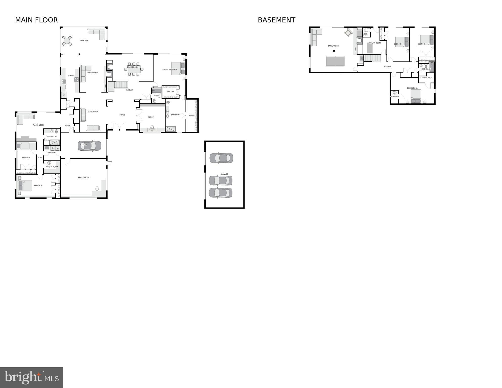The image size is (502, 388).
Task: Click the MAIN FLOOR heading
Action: pyautogui.click(x=36, y=20)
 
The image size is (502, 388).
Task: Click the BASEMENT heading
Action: pyautogui.click(x=276, y=20)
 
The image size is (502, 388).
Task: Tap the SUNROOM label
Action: pyautogui.click(x=84, y=40)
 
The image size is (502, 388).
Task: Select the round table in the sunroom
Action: pyautogui.click(x=67, y=41)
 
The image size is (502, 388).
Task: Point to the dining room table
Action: pyautogui.click(x=133, y=69)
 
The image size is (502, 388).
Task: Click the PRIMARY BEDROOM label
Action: pyautogui.click(x=169, y=70)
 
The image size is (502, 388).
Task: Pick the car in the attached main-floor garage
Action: pyautogui.click(x=89, y=146)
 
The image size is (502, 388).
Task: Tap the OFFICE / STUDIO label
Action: pyautogui.click(x=83, y=178)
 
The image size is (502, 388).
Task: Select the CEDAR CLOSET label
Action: pyautogui.click(x=426, y=78)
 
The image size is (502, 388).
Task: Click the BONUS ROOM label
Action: pyautogui.click(x=412, y=88)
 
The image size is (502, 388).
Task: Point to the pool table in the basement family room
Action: pyautogui.click(x=335, y=61)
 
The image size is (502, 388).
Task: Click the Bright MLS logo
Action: pyautogui.click(x=31, y=377)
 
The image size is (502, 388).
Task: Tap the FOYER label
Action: pyautogui.click(x=122, y=115)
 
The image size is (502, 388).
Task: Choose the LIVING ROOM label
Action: pyautogui.click(x=93, y=112)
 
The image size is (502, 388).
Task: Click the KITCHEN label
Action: pyautogui.click(x=70, y=76)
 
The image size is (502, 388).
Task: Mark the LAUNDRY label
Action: pyautogui.click(x=52, y=152)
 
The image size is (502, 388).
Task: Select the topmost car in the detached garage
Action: pyautogui.click(x=221, y=158)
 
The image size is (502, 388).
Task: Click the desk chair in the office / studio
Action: pyautogui.click(x=97, y=188)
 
